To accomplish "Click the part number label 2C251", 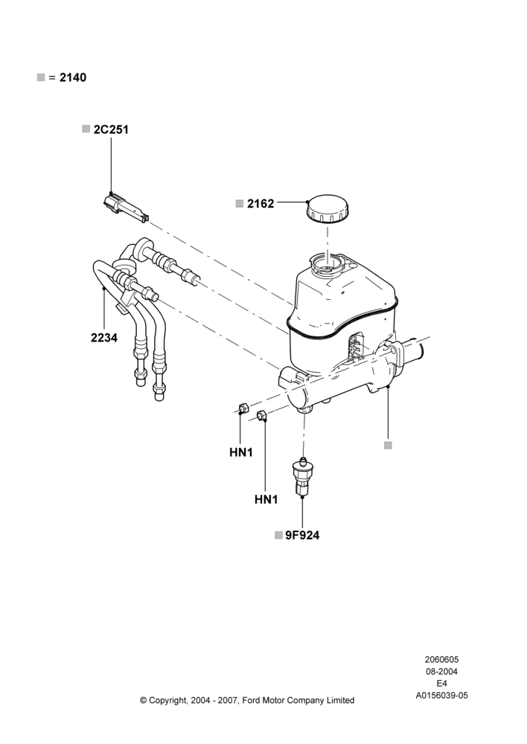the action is (111, 129).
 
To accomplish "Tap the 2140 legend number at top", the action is (73, 77).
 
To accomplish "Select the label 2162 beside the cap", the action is (261, 204).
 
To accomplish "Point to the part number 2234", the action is (104, 338).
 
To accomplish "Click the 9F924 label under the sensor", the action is (302, 535).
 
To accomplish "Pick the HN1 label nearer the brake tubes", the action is (241, 452).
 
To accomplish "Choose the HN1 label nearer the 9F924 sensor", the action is (266, 500).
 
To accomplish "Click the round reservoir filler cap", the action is (328, 209).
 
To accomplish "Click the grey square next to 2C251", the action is (86, 129).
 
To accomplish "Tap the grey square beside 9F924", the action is (278, 535).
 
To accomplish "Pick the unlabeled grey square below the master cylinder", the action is (388, 445).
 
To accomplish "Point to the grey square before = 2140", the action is (41, 77).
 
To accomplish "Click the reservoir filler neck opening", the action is (328, 263).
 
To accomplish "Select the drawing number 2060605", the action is (441, 659).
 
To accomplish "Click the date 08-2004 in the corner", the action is (441, 671).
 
